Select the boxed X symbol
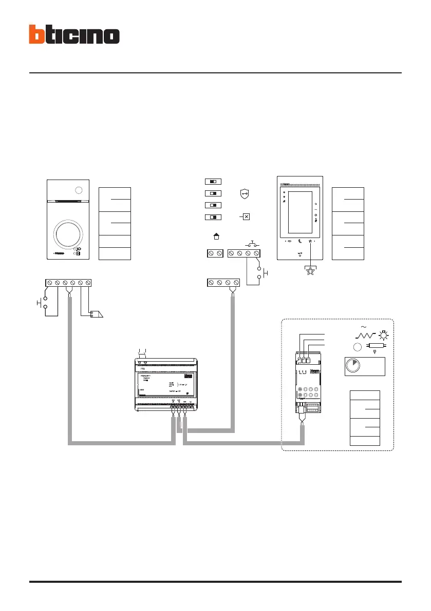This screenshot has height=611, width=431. [x=246, y=217]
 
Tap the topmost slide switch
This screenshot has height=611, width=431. [x=213, y=182]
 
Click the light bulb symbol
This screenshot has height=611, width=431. [x=382, y=335]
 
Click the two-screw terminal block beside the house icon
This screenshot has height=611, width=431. [x=214, y=253]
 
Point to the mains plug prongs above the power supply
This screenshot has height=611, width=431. [x=142, y=351]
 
